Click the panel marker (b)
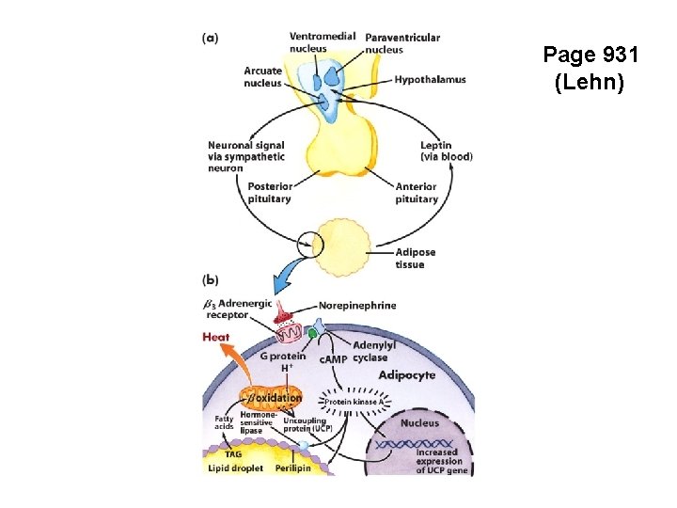point(212,279)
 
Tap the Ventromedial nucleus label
point(322,42)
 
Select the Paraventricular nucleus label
point(401,43)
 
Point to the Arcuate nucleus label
point(262,76)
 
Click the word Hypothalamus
point(430,80)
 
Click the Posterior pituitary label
point(270,192)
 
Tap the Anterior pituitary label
point(417,192)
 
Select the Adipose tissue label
point(415,258)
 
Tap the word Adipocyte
point(406,374)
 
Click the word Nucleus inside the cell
point(419,423)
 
